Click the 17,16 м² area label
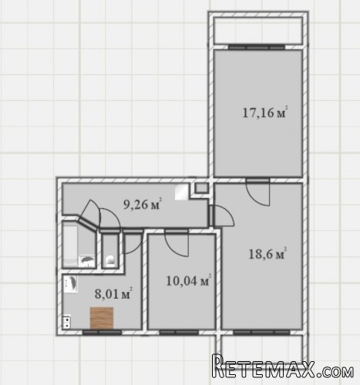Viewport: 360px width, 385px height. (x=264, y=112)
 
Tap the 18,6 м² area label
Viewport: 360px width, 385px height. (x=267, y=254)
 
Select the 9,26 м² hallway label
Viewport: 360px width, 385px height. (x=143, y=204)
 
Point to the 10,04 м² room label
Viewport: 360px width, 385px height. (x=189, y=280)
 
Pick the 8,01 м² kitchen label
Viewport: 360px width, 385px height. (x=113, y=293)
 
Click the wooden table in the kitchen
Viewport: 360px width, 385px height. (x=102, y=318)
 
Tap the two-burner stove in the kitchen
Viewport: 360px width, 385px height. (x=67, y=322)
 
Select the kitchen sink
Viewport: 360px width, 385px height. (x=70, y=284)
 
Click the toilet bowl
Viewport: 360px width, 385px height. (x=110, y=260)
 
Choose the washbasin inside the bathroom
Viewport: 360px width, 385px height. (x=87, y=259)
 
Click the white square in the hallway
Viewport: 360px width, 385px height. (x=182, y=192)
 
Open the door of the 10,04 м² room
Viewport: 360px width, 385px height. (x=177, y=243)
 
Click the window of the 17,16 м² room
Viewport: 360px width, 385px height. (x=257, y=47)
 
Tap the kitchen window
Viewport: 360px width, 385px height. (x=102, y=333)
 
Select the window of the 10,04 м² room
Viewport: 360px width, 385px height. (x=179, y=333)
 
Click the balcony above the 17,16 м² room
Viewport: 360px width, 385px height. (x=258, y=31)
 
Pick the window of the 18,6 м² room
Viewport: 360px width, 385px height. (x=262, y=333)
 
